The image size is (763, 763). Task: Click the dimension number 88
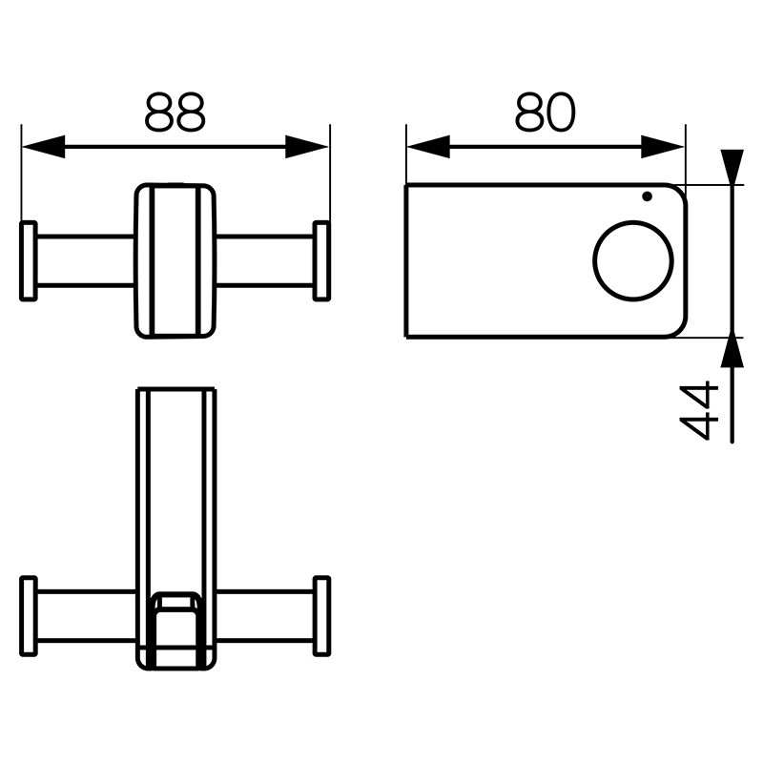[x=175, y=113]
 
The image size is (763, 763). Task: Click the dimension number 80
[x=545, y=113]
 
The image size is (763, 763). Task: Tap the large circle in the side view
[x=633, y=260]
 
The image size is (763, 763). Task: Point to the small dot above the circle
[x=648, y=196]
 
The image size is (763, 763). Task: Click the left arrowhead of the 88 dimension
[x=44, y=147]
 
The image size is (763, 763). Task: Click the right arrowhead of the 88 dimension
[x=307, y=147]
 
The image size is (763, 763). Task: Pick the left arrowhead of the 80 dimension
[x=428, y=147]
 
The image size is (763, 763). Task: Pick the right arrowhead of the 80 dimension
[x=663, y=147]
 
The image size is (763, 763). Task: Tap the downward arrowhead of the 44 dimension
[x=731, y=167]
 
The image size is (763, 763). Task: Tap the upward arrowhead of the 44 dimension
[x=731, y=352]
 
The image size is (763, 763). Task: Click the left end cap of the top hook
[x=29, y=260]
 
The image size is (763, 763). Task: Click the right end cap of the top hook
[x=321, y=260]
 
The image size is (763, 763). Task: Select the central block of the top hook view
[x=175, y=260]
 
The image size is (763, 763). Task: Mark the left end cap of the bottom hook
[x=29, y=616]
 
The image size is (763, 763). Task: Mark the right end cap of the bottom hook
[x=321, y=616]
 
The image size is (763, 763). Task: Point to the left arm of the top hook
[x=85, y=260]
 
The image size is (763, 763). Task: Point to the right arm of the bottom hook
[x=264, y=616]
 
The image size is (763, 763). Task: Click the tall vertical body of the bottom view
[x=175, y=486]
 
